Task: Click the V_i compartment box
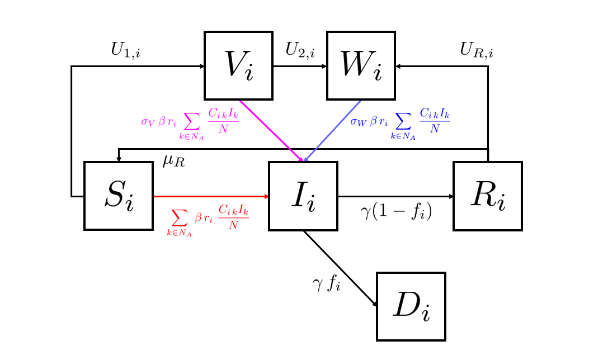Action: (238, 66)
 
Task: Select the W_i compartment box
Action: (361, 66)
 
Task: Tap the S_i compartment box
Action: (119, 196)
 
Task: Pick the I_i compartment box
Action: (303, 196)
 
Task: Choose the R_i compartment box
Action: (488, 196)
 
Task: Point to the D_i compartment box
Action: (411, 306)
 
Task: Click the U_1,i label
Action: (125, 50)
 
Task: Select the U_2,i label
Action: (300, 50)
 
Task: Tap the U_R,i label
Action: (477, 50)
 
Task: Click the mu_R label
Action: (173, 162)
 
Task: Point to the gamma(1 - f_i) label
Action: (396, 212)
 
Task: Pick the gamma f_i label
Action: (326, 284)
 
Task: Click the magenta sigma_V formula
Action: (190, 122)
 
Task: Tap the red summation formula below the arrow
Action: (207, 219)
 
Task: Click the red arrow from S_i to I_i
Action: (211, 196)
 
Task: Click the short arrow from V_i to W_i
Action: (300, 67)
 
